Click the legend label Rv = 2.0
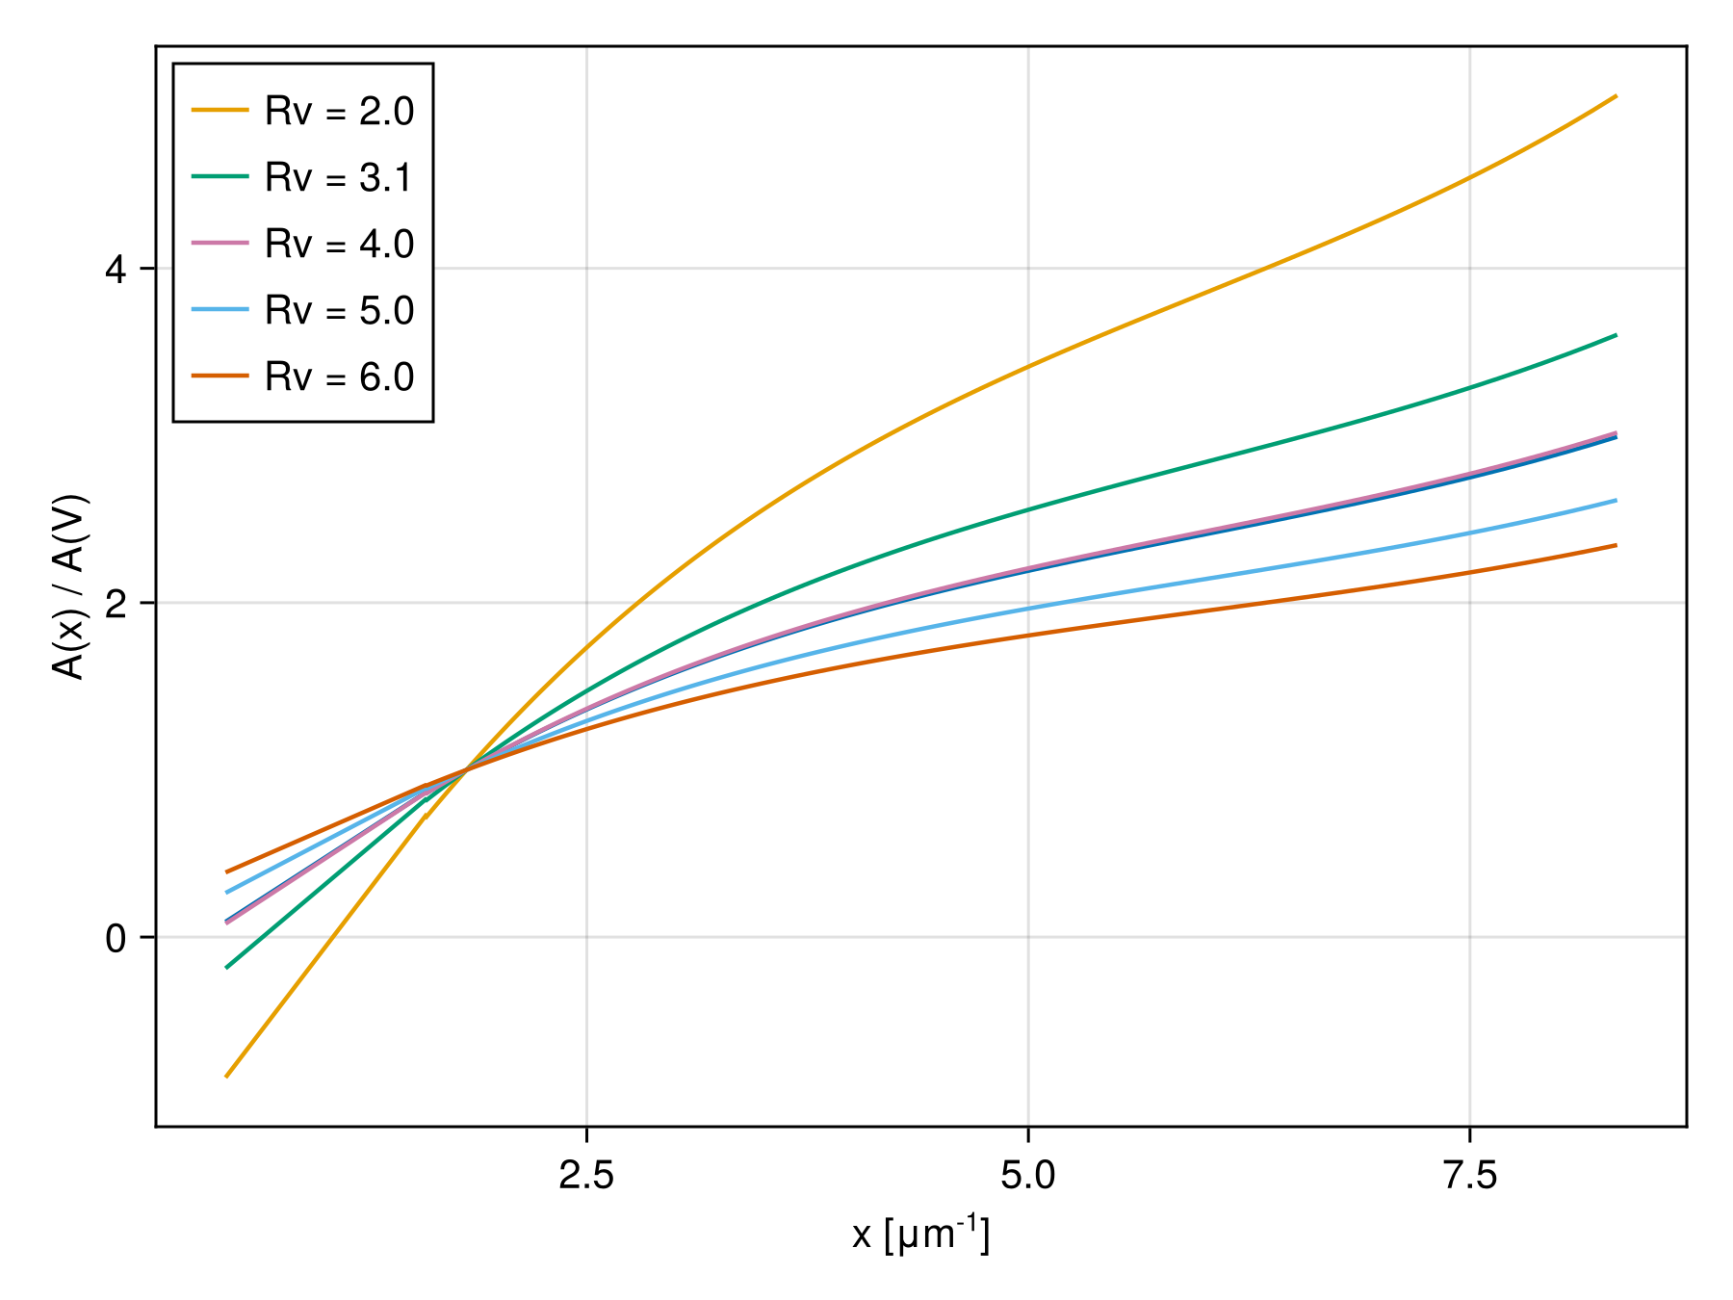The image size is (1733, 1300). tap(339, 112)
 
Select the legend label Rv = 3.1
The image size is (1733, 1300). tap(339, 178)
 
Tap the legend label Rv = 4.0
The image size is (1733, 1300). tap(339, 245)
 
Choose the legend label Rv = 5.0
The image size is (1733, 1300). tap(339, 311)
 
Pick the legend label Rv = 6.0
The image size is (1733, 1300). tap(339, 377)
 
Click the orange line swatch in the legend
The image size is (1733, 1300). tap(220, 111)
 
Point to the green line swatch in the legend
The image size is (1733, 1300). tap(220, 177)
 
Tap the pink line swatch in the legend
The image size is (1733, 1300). tap(220, 244)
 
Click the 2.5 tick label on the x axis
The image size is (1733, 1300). tap(586, 1176)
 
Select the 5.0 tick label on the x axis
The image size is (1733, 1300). tap(1028, 1176)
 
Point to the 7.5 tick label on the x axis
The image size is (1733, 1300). tap(1470, 1176)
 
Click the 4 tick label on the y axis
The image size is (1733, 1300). tap(116, 270)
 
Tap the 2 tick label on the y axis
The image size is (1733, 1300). tap(116, 604)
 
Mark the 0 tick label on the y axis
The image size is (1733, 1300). tap(116, 938)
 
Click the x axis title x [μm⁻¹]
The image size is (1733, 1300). tap(920, 1235)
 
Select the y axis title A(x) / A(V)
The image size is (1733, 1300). tap(70, 587)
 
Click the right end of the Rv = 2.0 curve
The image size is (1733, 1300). tap(1616, 96)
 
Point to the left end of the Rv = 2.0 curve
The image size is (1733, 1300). tap(226, 1076)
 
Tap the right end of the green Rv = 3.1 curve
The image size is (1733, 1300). tap(1616, 335)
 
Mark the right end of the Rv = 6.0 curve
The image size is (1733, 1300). tap(1616, 545)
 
